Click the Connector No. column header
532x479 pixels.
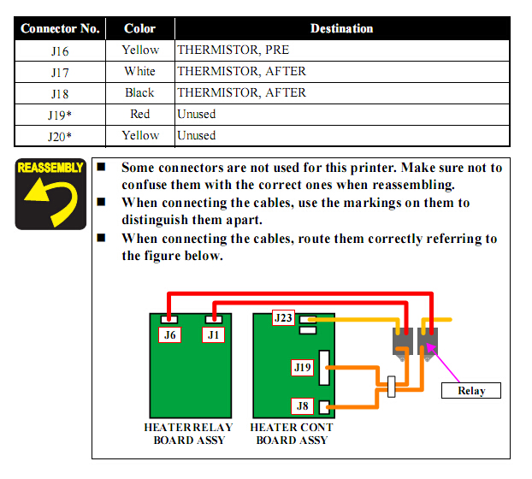(60, 28)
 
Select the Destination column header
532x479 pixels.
(341, 28)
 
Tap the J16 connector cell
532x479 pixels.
(60, 50)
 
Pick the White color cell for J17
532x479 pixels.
(140, 71)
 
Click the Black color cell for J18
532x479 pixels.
(140, 92)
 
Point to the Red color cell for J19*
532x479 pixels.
(140, 114)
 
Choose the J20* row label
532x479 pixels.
(60, 135)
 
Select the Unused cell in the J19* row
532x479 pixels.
(196, 114)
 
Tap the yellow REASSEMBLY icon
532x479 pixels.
(50, 193)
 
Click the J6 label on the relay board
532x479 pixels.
(171, 334)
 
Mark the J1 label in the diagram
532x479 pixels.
(214, 334)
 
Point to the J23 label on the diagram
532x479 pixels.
(283, 318)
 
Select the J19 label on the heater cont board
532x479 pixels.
(302, 368)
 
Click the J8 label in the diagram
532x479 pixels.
(301, 406)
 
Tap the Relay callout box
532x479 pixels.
(471, 391)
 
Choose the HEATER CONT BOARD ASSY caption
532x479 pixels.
(292, 434)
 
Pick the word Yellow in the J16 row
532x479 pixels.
(140, 50)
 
